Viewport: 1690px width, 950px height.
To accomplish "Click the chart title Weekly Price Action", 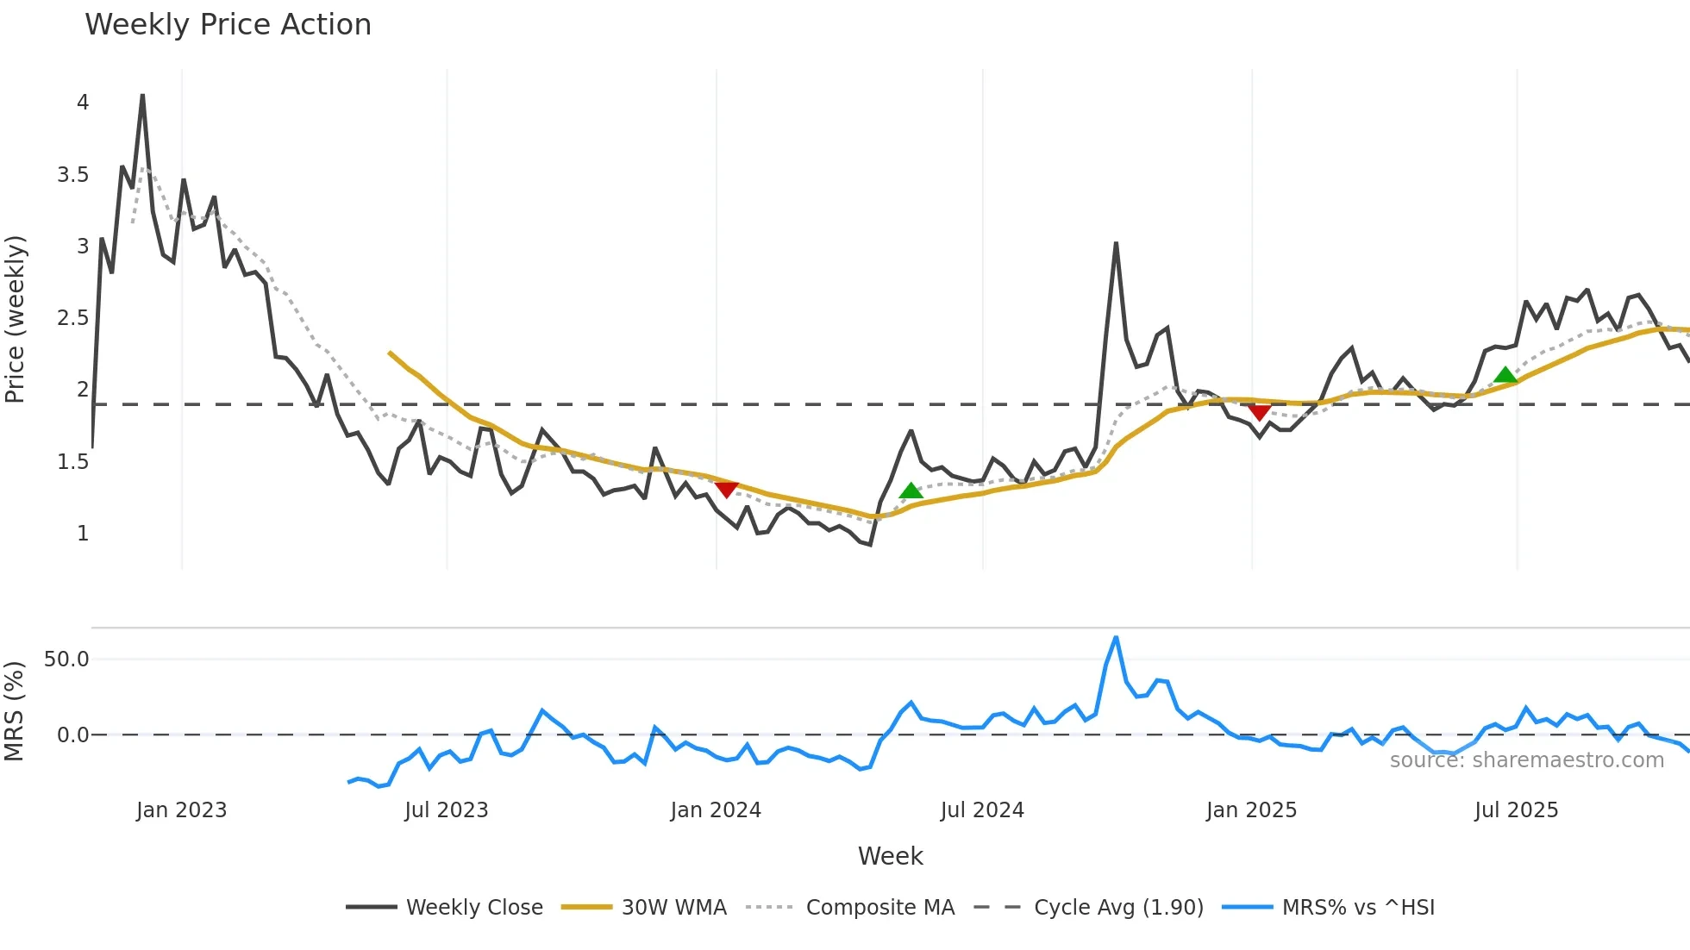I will [x=228, y=25].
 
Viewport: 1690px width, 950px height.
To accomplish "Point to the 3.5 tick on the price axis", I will [x=73, y=175].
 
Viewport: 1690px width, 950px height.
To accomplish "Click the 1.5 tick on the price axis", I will [x=73, y=462].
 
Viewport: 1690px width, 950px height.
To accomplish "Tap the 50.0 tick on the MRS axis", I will [x=66, y=659].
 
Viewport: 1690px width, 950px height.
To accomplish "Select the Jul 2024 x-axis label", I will [x=982, y=810].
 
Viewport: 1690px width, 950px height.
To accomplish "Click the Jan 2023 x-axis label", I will [x=181, y=810].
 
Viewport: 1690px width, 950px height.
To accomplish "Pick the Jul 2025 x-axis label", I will [x=1516, y=810].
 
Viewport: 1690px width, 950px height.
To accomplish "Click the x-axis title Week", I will [x=890, y=856].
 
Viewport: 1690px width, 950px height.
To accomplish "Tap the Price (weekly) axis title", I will [x=15, y=319].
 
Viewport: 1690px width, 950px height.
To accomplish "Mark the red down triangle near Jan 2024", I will [x=727, y=489].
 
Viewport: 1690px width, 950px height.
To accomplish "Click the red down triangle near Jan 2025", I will [x=1260, y=412].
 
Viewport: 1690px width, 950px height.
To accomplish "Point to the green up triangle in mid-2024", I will [x=911, y=491].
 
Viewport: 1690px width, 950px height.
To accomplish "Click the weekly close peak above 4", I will [x=142, y=96].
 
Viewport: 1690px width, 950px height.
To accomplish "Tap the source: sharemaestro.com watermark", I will [x=1526, y=759].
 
